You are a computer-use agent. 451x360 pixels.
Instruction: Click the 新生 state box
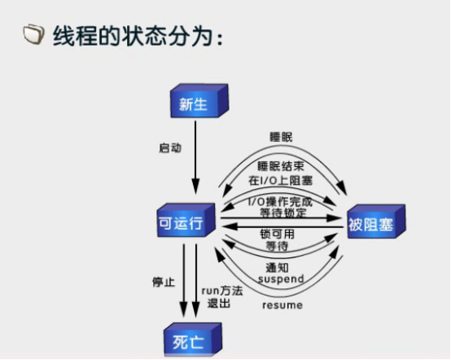(x=199, y=101)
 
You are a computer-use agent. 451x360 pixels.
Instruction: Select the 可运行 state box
(x=186, y=220)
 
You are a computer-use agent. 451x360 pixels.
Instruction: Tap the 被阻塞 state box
(x=376, y=222)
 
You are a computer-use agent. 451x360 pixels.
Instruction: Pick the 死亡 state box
(x=193, y=340)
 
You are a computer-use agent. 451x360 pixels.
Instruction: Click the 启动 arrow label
(x=170, y=148)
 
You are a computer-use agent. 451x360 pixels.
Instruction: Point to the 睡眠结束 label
(x=281, y=166)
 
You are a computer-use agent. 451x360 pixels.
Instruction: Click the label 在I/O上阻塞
(x=280, y=181)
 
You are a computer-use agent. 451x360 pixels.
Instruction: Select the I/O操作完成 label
(x=280, y=201)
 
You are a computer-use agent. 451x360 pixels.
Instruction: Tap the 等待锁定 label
(x=283, y=213)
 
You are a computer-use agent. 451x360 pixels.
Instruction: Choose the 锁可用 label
(x=278, y=234)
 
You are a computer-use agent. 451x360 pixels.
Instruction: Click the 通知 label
(x=277, y=268)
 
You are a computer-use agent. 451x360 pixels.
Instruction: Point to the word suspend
(x=281, y=279)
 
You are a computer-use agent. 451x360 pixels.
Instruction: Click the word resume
(x=282, y=305)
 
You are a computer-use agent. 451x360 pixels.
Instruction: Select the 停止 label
(x=164, y=282)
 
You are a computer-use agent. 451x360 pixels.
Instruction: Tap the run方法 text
(x=222, y=291)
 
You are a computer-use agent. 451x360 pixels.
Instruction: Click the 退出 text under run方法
(x=219, y=303)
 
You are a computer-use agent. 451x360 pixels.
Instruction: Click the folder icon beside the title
(x=34, y=34)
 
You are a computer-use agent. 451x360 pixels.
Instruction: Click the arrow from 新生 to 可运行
(x=195, y=157)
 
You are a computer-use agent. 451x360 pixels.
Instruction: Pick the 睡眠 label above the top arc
(x=281, y=137)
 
